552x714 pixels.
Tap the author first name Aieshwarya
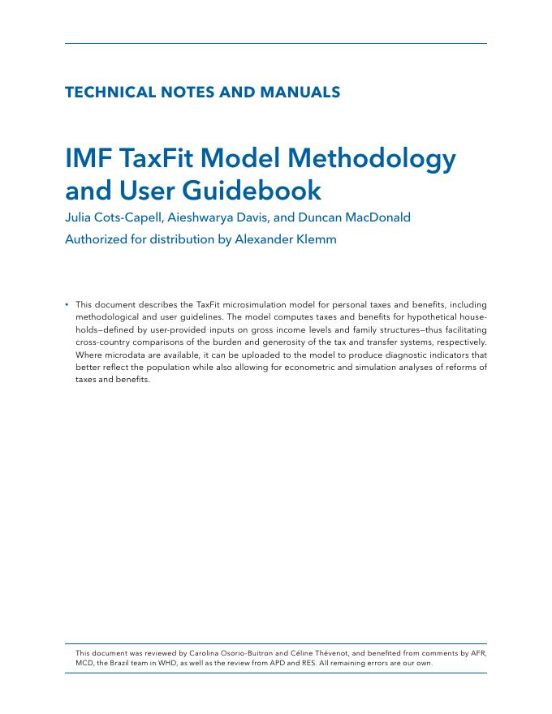193,217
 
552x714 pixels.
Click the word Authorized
99,239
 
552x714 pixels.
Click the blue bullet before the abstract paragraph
67,305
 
